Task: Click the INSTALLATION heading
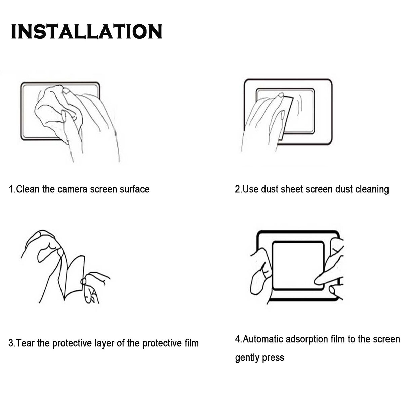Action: pyautogui.click(x=87, y=32)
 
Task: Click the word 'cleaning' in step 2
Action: pyautogui.click(x=372, y=189)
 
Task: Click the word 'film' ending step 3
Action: pyautogui.click(x=191, y=343)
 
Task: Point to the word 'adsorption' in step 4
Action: pyautogui.click(x=307, y=339)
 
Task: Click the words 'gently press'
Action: pyautogui.click(x=259, y=357)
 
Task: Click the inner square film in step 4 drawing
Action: pyautogui.click(x=297, y=266)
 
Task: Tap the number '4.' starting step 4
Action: pyautogui.click(x=238, y=339)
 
